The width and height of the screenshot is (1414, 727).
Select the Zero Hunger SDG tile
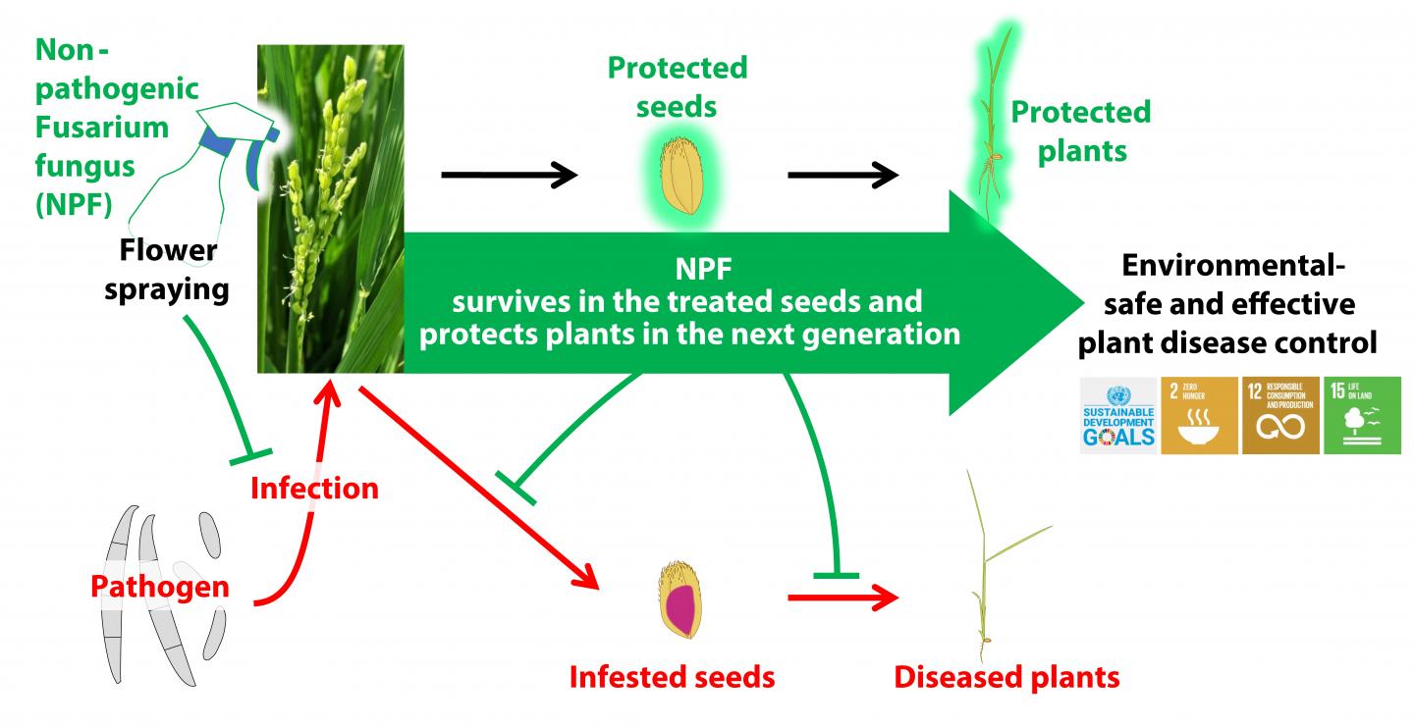coord(1200,415)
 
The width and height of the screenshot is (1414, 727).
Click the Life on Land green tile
coord(1361,415)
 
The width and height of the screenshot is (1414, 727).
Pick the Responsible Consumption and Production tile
coord(1280,415)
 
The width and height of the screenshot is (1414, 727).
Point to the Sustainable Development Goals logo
coord(1118,415)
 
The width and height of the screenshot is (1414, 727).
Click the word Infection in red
coord(314,487)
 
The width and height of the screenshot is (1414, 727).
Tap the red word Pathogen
coord(159,587)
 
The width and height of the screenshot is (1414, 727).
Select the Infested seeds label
coord(673,676)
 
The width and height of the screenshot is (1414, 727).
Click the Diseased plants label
coord(1006,676)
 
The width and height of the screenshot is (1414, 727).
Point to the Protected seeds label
coord(677,86)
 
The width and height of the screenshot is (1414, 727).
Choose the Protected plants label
coord(1080,130)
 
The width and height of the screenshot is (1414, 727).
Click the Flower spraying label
coord(168,271)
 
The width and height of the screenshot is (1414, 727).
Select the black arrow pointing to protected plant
coord(843,177)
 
